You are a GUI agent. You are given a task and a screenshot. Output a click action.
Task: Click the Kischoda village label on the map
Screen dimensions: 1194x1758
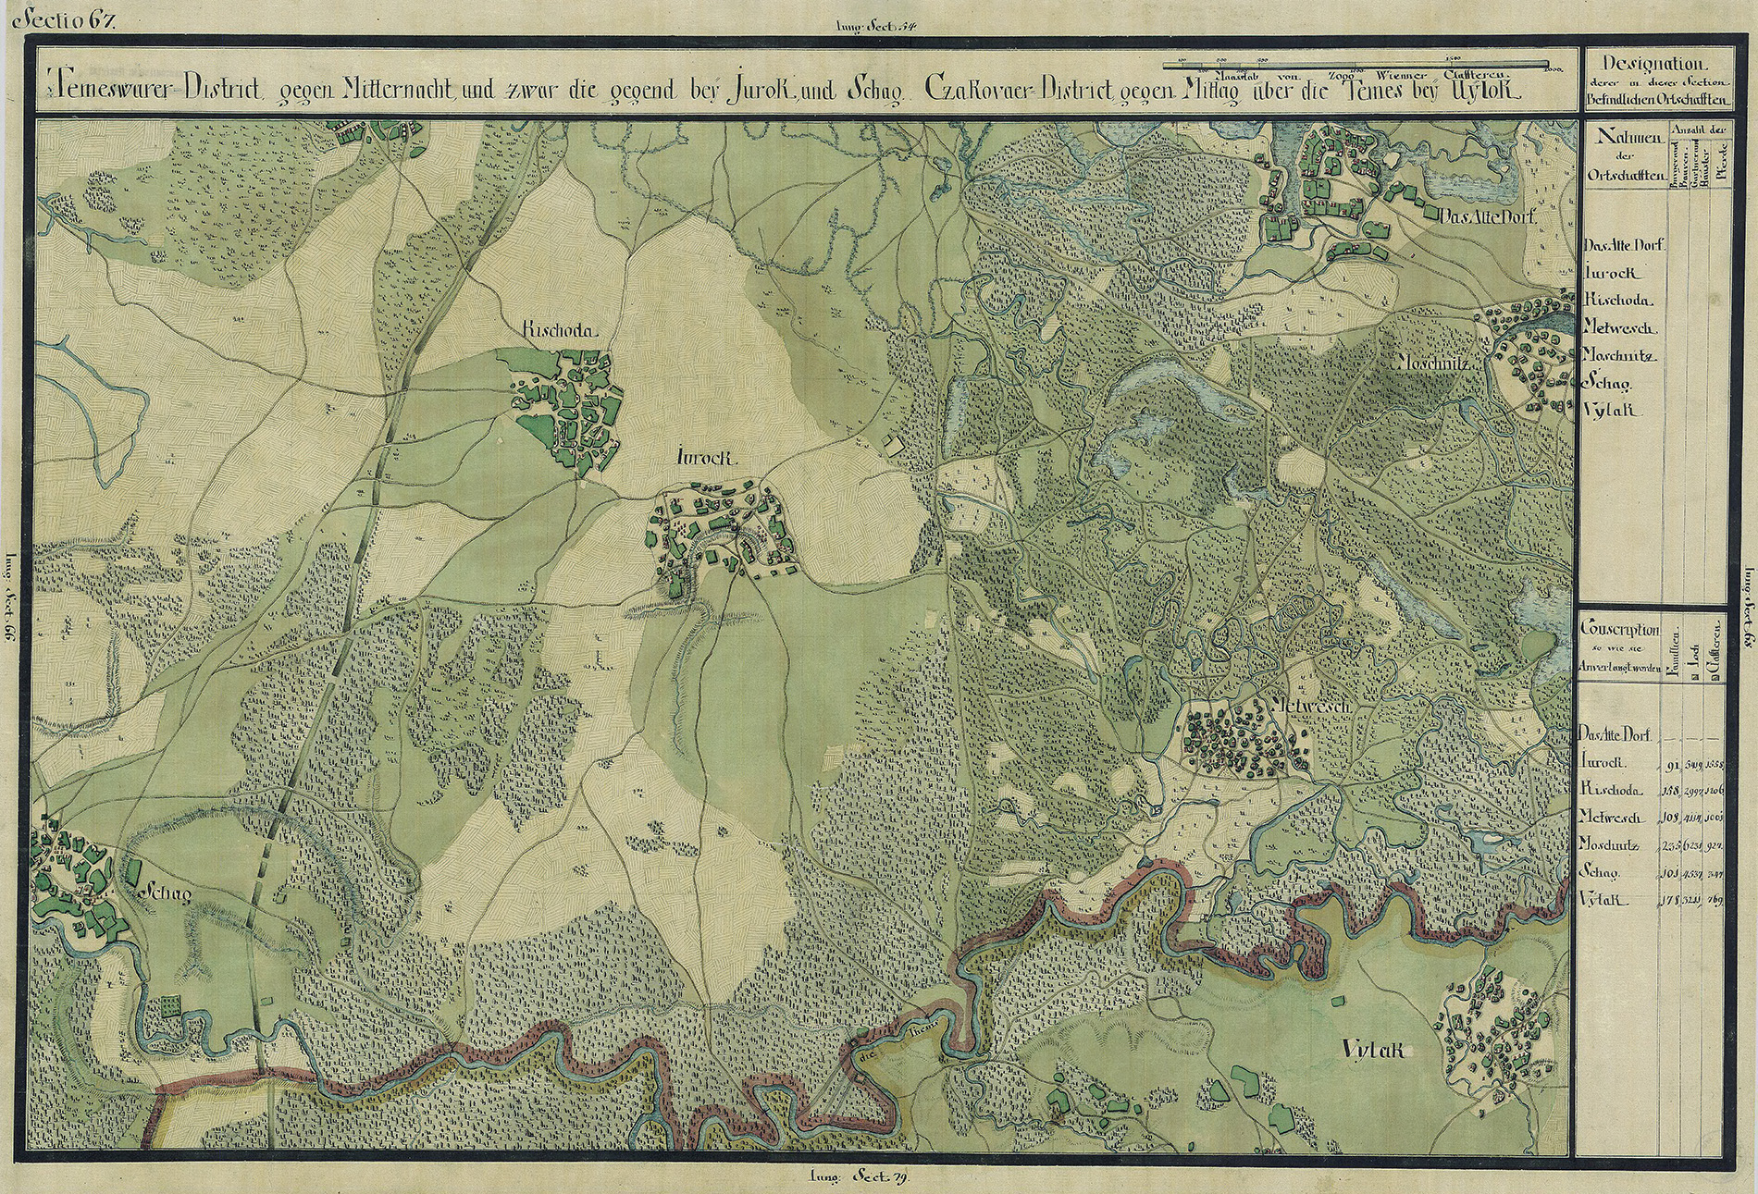[x=560, y=331]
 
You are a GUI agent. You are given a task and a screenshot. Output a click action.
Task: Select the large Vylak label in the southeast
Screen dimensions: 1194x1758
[x=1373, y=1050]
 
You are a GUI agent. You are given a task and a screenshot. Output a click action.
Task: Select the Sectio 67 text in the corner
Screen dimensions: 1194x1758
[x=69, y=18]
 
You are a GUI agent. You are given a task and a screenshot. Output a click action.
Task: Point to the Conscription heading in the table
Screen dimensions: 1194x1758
[x=1619, y=629]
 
